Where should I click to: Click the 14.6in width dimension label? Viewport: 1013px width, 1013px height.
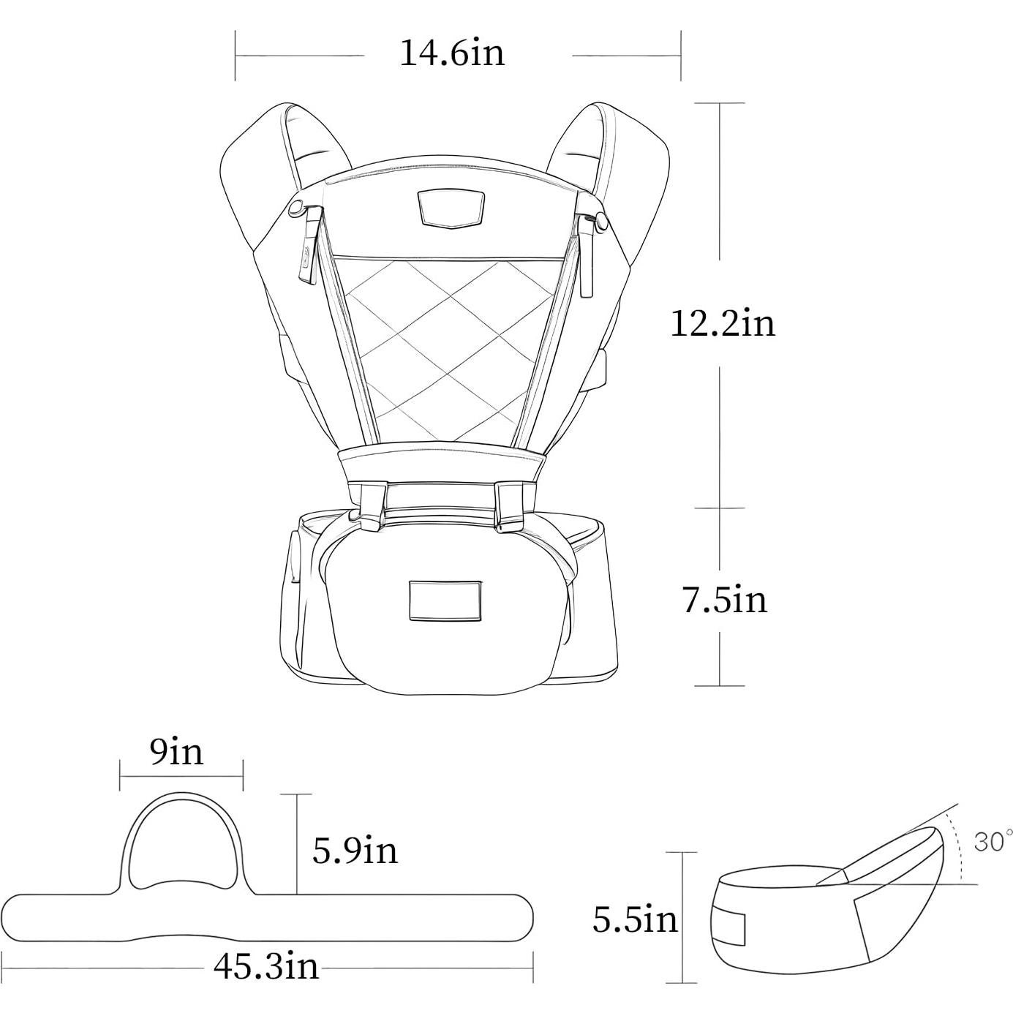pos(452,53)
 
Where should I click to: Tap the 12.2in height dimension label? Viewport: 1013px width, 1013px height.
pos(723,323)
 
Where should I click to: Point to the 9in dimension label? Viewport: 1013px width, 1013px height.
pos(176,753)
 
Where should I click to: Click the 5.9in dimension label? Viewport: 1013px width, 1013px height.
pos(355,850)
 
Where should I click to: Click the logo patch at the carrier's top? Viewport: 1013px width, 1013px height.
pos(451,209)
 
